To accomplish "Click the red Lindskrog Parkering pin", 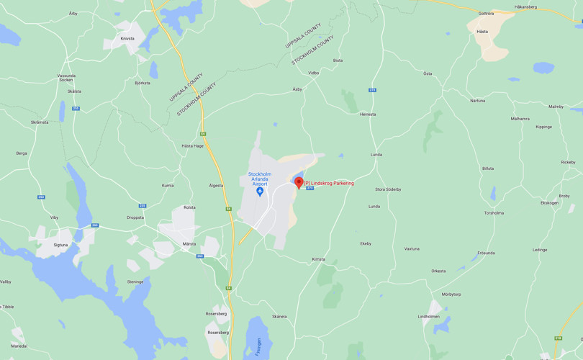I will click(x=299, y=182).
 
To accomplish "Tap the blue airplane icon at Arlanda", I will click(x=260, y=192).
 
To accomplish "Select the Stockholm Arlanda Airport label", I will click(x=260, y=179).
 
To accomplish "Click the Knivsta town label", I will click(x=127, y=39).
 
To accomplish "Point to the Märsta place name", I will click(x=189, y=244).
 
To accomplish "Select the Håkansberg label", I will click(x=525, y=7).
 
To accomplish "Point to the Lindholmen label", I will click(x=428, y=316).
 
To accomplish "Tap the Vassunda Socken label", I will click(x=66, y=78).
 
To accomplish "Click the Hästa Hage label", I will click(x=193, y=145).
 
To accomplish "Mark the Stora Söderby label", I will click(x=388, y=189).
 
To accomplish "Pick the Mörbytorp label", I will click(x=451, y=294).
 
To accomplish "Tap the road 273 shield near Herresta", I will click(x=372, y=90).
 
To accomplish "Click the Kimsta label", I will click(x=318, y=259).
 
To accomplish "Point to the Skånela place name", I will click(x=279, y=317).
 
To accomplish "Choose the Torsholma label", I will click(x=494, y=213).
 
